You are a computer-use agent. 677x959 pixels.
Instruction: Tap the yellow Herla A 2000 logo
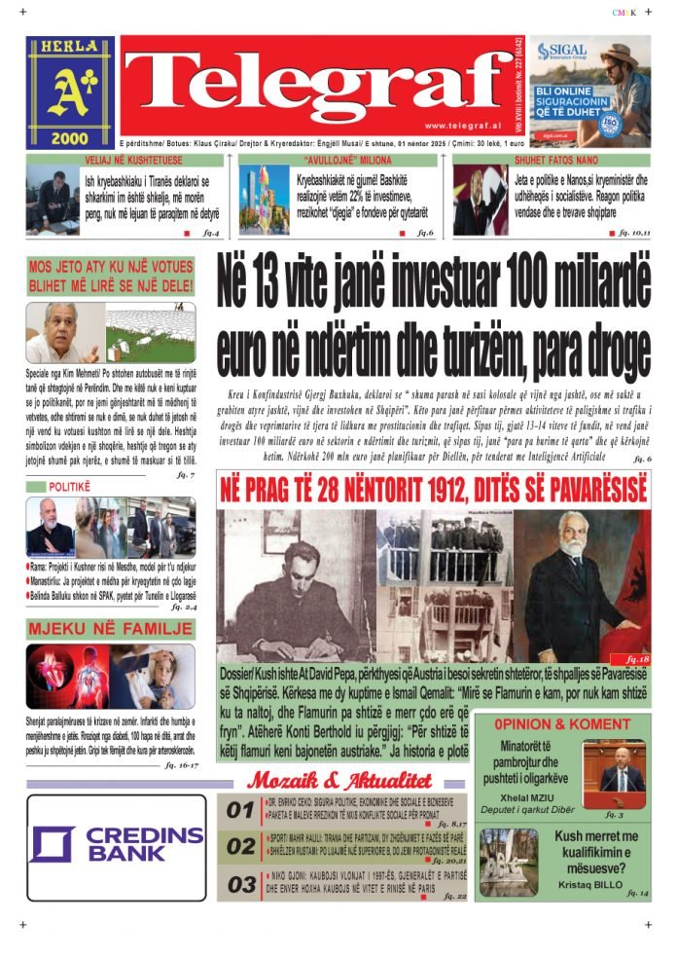coord(70,92)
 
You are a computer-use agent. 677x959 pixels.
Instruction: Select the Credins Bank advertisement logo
coord(117,845)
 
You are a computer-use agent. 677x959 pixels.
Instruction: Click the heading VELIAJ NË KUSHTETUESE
coord(122,160)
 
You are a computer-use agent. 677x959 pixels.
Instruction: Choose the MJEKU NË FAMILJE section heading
coord(110,628)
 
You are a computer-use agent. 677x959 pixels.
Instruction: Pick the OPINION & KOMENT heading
coord(561,724)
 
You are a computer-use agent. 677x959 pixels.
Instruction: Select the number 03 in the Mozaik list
coord(241,885)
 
